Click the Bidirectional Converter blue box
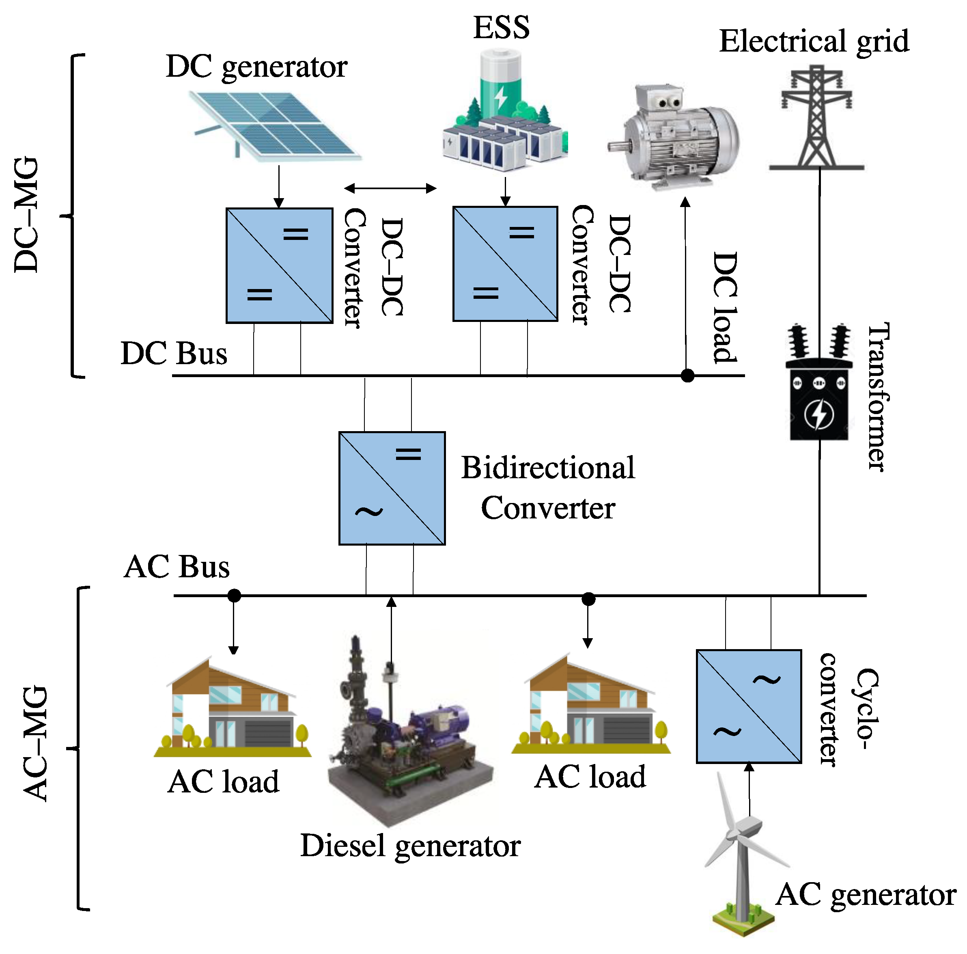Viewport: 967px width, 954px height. click(392, 488)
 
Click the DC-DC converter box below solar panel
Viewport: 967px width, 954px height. click(279, 265)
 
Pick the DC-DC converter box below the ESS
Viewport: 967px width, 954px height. click(505, 264)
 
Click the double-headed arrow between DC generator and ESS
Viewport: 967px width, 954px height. click(390, 188)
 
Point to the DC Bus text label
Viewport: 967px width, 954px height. click(174, 354)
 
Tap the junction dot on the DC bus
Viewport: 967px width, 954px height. click(688, 376)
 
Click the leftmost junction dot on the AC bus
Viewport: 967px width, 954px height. click(234, 596)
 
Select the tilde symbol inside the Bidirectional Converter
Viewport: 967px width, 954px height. click(369, 512)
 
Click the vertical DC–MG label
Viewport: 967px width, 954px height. click(26, 215)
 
